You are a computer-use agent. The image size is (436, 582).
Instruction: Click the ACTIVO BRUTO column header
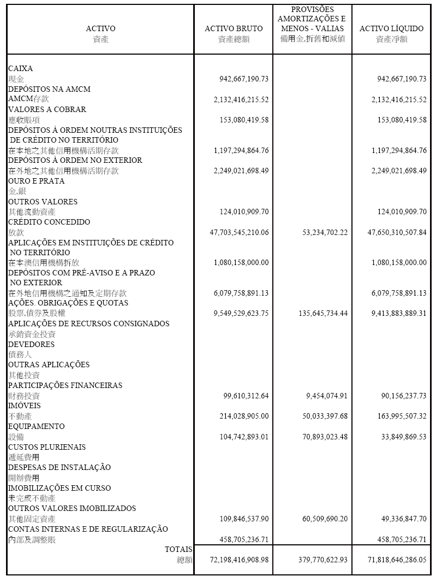tap(233, 28)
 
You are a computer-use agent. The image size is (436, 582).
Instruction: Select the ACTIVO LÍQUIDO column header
tap(391, 28)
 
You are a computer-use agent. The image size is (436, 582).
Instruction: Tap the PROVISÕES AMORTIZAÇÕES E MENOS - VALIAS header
tap(312, 19)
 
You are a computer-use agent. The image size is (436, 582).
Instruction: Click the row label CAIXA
tap(21, 69)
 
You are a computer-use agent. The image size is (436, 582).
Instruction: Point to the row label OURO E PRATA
tap(36, 181)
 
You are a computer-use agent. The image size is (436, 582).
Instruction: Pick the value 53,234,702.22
tap(325, 232)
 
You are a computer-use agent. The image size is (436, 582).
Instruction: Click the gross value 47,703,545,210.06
tap(239, 232)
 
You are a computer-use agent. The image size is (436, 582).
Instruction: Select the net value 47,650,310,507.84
tap(397, 232)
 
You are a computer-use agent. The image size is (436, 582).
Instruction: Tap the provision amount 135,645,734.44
tap(322, 314)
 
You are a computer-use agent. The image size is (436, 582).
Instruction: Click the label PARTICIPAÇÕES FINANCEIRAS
tap(65, 385)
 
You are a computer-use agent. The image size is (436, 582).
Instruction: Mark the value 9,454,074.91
tap(326, 396)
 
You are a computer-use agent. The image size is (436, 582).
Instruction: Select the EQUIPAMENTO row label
tap(36, 426)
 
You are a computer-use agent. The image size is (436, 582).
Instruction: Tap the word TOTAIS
tap(178, 549)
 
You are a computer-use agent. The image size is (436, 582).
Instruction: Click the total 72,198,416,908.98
tap(239, 560)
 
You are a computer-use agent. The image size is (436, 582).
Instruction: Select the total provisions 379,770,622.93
tap(322, 560)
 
